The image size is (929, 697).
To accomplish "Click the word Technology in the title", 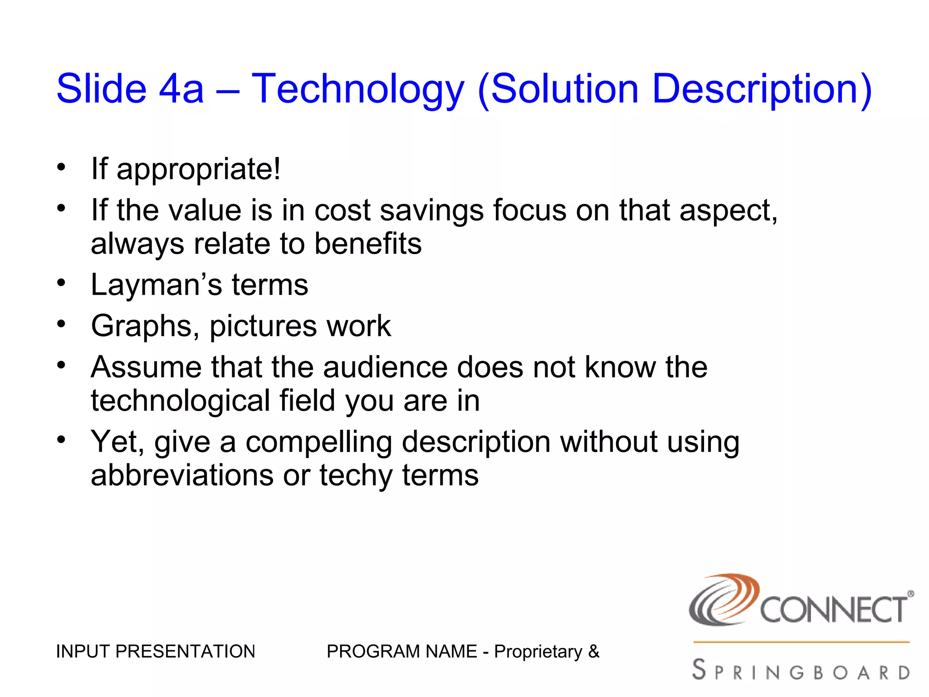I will click(x=358, y=89).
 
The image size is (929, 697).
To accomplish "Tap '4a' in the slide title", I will click(x=181, y=89).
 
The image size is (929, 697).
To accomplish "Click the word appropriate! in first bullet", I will click(x=199, y=169).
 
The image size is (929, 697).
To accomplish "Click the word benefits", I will click(x=368, y=244).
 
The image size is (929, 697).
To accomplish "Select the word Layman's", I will click(x=156, y=285).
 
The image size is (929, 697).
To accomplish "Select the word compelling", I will click(x=319, y=442).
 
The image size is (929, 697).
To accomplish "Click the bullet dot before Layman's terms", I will click(x=61, y=283).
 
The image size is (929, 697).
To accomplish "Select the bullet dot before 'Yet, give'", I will click(x=61, y=439).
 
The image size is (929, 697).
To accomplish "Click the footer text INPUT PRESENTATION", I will click(x=156, y=652).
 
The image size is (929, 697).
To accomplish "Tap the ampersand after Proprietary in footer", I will click(x=593, y=652).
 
